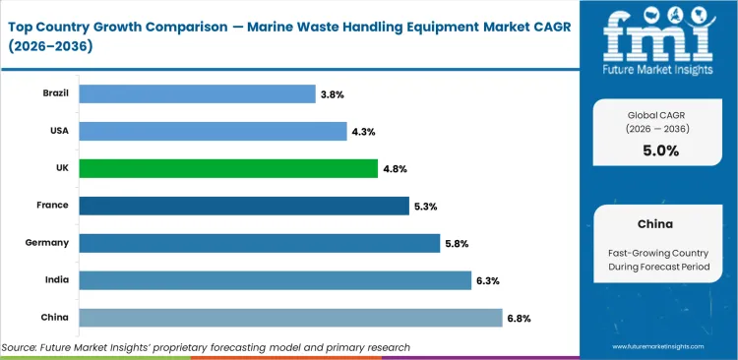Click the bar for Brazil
(196, 93)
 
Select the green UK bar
(227, 168)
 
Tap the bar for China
(290, 317)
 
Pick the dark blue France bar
(243, 206)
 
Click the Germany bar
(259, 243)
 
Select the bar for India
(275, 280)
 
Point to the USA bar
(212, 131)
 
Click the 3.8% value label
(332, 94)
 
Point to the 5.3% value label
(425, 207)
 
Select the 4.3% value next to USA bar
(362, 132)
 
